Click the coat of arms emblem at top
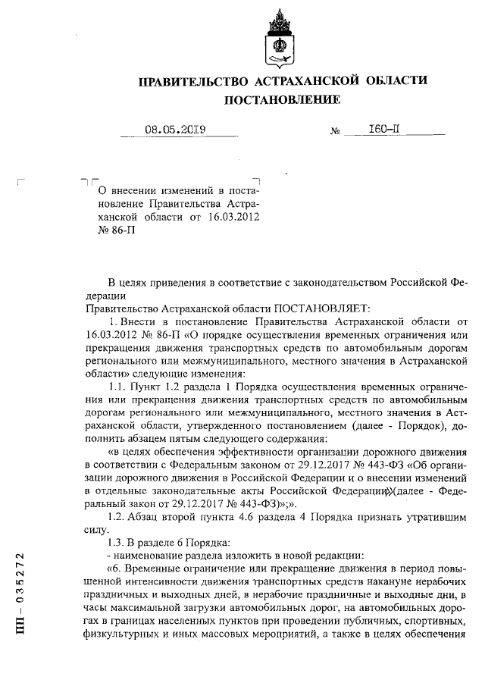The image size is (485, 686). tap(280, 36)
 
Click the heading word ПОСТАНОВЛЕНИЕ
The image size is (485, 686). tap(281, 100)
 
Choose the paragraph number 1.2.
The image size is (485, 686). tap(120, 516)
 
